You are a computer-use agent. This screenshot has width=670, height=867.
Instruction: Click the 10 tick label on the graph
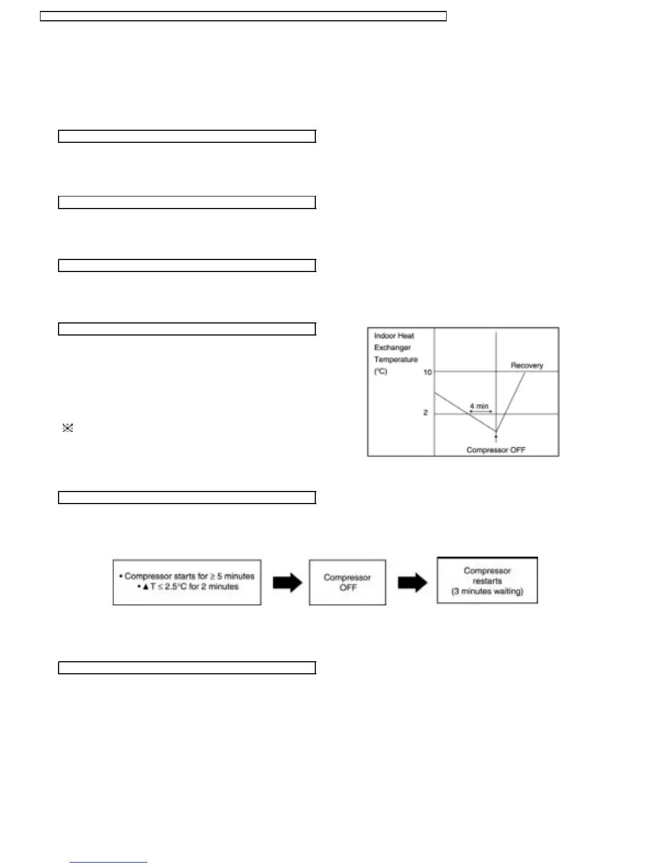point(428,372)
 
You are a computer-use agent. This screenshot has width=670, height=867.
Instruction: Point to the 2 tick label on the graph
point(425,413)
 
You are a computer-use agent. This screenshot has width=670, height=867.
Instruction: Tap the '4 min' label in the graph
point(479,406)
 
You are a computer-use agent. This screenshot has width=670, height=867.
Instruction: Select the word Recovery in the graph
point(527,365)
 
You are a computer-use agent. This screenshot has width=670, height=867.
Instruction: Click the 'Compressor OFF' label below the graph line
point(495,450)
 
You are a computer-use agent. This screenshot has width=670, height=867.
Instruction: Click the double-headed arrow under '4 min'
point(481,412)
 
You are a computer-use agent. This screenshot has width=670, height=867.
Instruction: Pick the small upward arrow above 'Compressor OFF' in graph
point(496,437)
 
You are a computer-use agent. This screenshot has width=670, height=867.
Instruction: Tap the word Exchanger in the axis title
point(392,348)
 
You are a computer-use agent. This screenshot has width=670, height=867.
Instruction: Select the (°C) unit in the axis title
point(380,372)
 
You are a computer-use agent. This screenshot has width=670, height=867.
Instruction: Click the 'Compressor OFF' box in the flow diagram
point(348,582)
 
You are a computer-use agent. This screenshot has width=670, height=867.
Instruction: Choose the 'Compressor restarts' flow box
point(487,580)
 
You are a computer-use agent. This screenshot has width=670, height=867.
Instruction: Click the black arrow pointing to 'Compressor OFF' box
point(287,582)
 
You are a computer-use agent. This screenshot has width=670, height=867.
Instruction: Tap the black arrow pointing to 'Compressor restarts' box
point(412,582)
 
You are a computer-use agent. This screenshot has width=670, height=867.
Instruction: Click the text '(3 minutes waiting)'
point(487,591)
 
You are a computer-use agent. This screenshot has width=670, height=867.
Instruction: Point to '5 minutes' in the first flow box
point(236,576)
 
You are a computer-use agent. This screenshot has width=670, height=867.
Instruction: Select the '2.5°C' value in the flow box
point(175,587)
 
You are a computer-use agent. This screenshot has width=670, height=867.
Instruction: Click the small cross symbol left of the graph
point(68,428)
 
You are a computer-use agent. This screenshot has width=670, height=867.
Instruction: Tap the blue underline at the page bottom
point(108,862)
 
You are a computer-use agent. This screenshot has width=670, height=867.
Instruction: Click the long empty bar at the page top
point(244,16)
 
